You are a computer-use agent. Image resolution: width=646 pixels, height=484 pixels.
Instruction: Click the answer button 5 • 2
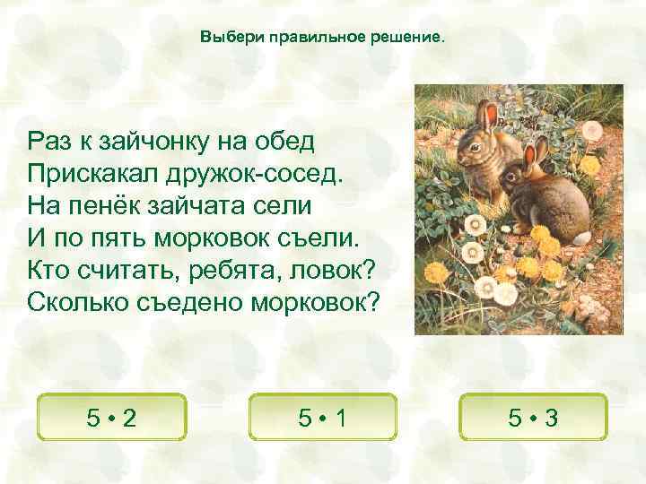click(111, 418)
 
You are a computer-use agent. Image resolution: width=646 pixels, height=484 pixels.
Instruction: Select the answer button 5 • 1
click(324, 418)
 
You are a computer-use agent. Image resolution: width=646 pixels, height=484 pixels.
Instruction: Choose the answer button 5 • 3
click(533, 418)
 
